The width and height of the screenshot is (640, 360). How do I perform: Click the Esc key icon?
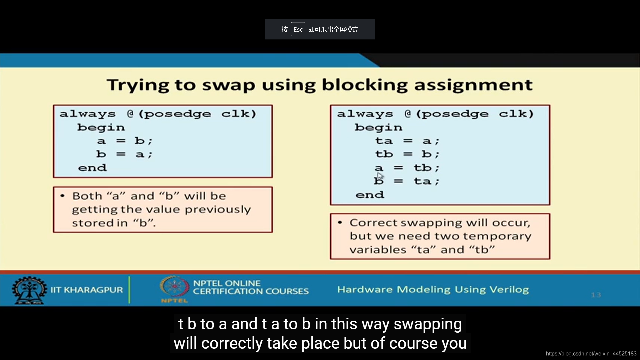coord(298,29)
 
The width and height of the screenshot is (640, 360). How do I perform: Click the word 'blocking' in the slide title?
coord(365,85)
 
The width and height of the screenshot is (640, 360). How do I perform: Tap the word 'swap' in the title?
coord(229,86)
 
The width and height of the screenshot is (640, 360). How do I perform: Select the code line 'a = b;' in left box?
coord(125,141)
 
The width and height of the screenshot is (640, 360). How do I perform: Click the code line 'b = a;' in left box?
coord(124,154)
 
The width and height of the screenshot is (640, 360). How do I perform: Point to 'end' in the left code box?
coord(92,168)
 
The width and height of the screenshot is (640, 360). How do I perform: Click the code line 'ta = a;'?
coord(407,141)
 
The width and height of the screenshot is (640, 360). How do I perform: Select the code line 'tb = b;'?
coord(407,154)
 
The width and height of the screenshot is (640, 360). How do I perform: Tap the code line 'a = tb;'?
coord(407,168)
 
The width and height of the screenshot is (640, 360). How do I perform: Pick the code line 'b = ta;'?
coord(407,181)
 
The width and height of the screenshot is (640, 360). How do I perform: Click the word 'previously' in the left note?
coord(218,210)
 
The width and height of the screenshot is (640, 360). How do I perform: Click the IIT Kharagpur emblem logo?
coord(29,290)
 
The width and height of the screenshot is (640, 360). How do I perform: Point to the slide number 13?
coord(596,295)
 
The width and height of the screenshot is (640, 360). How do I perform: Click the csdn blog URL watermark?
coord(591,354)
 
